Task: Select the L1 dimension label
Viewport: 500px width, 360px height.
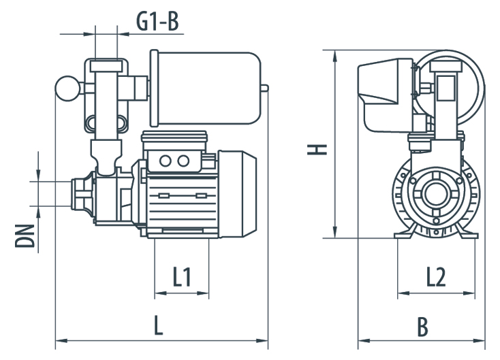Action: [182, 276]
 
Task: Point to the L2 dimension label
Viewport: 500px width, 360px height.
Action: [436, 276]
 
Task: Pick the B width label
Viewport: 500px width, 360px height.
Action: [424, 327]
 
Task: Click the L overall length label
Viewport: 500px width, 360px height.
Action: [158, 326]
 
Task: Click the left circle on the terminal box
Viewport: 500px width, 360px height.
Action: [166, 161]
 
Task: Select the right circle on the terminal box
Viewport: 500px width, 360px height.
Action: [183, 161]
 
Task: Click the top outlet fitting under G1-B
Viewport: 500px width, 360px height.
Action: [106, 66]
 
